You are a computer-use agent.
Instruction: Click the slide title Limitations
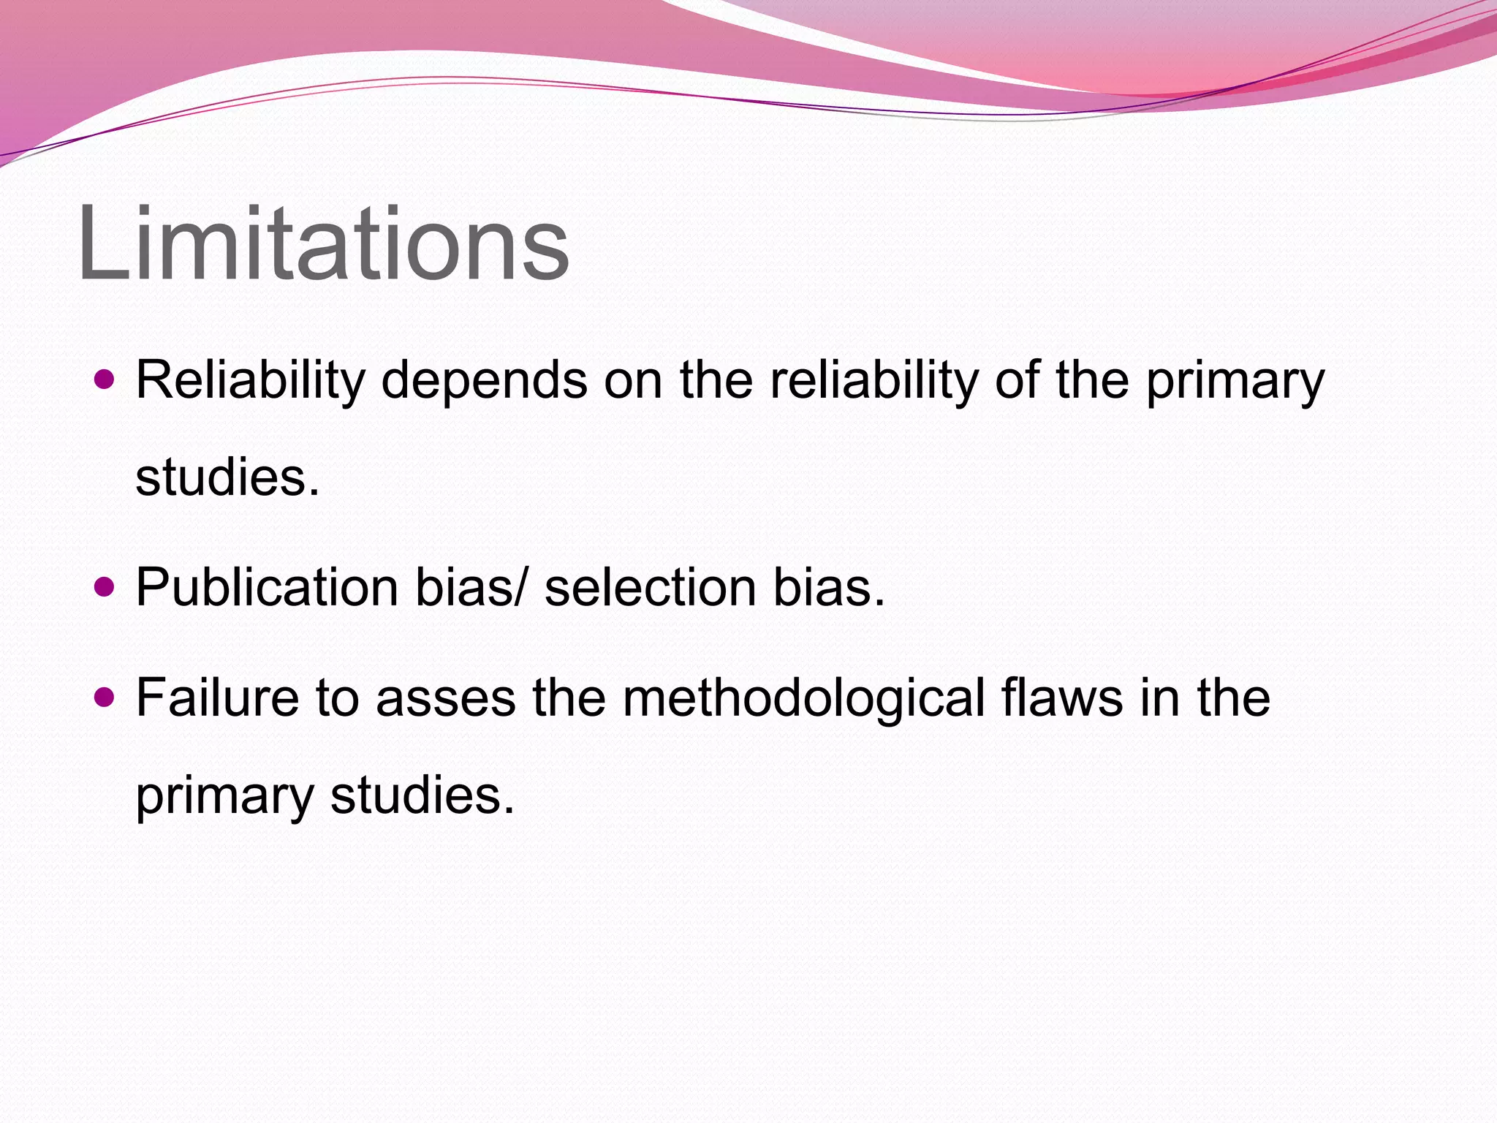pyautogui.click(x=323, y=243)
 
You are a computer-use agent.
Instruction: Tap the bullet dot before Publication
pyautogui.click(x=105, y=586)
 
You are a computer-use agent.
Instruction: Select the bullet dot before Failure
pyautogui.click(x=105, y=697)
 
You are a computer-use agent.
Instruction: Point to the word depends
pyautogui.click(x=484, y=381)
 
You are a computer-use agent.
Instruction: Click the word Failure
pyautogui.click(x=217, y=697)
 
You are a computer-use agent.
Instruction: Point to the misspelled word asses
pyautogui.click(x=446, y=697)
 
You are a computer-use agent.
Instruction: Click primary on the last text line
pyautogui.click(x=224, y=797)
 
